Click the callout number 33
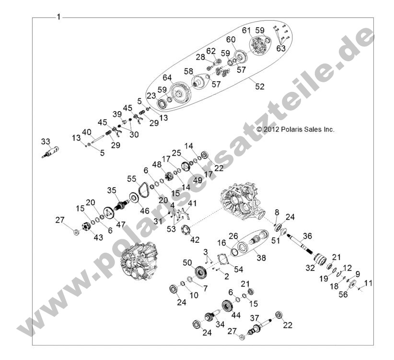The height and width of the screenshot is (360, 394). point(46,142)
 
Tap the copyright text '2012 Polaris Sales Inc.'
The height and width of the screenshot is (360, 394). point(295,129)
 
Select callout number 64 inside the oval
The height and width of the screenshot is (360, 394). point(167,78)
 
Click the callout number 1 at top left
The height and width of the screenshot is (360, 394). point(58,18)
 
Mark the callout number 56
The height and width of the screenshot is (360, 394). point(343,295)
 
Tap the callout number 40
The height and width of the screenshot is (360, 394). point(86,132)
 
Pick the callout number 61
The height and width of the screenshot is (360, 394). point(246,30)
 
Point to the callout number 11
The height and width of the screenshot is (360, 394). point(368,283)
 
